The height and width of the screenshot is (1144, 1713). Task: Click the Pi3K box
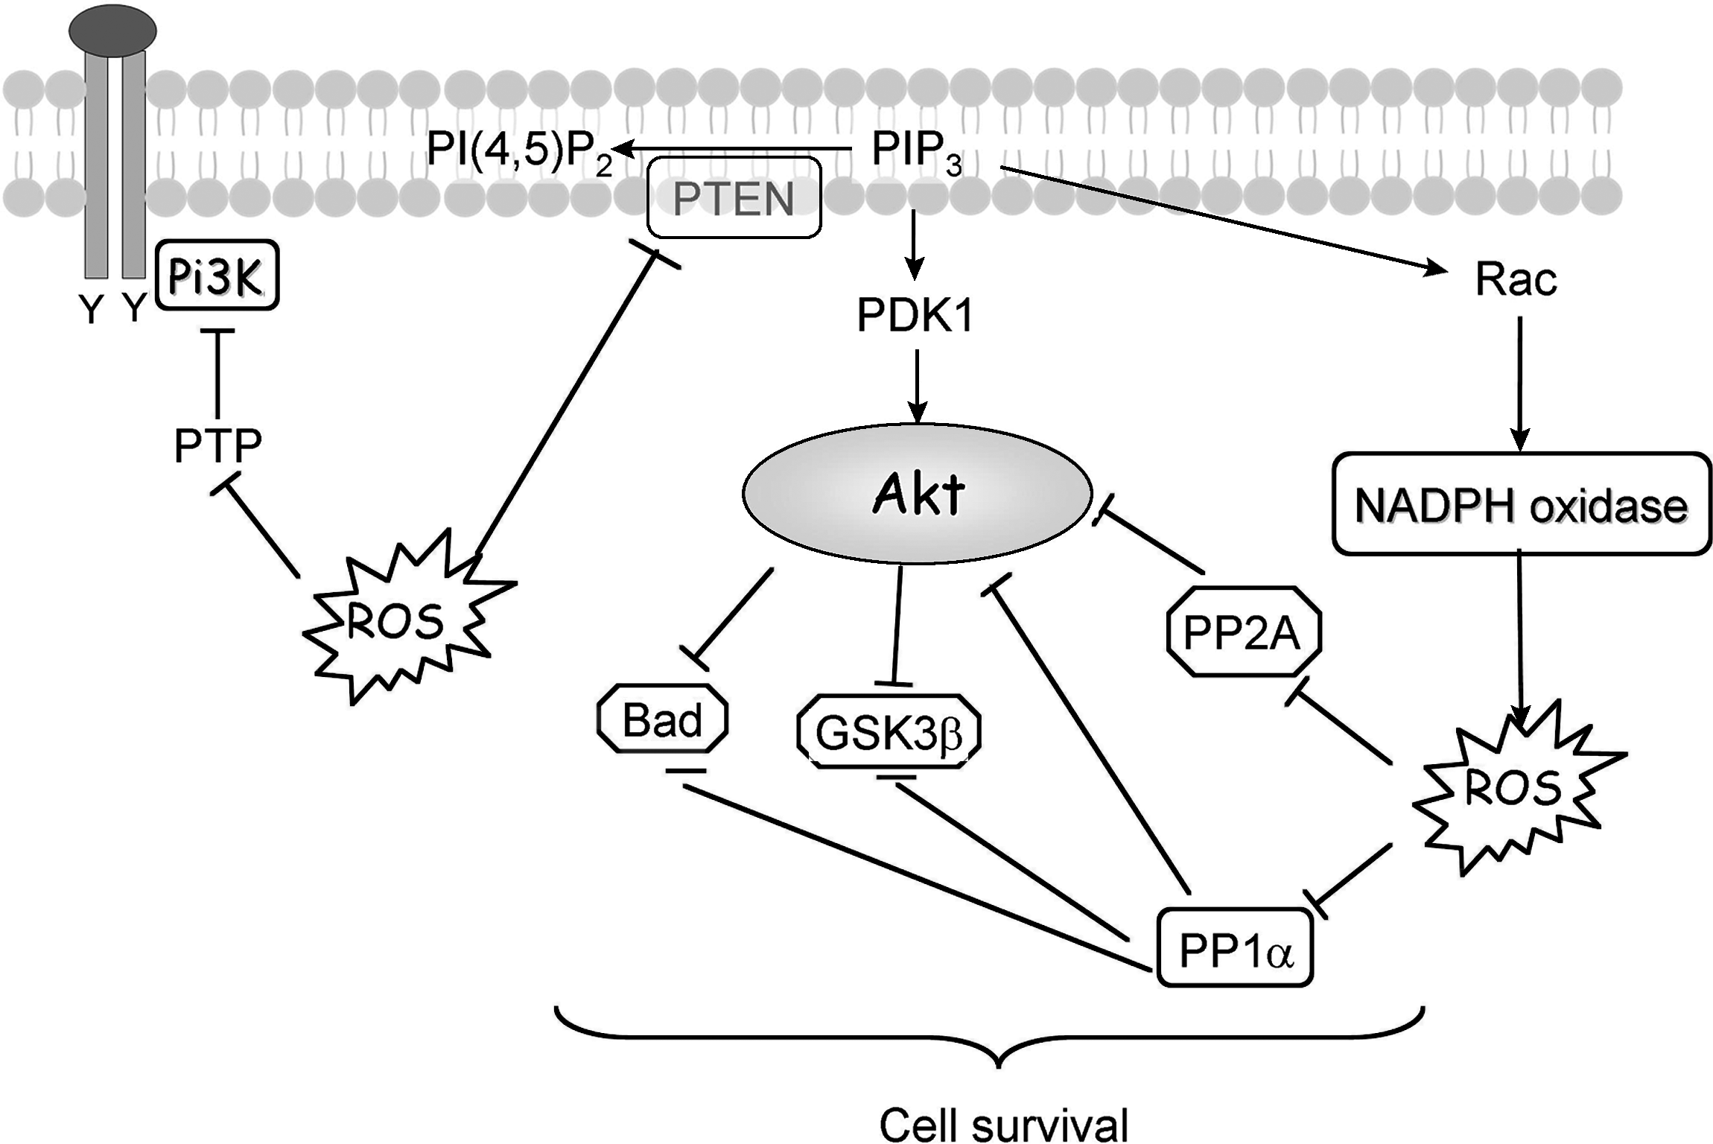pyautogui.click(x=217, y=275)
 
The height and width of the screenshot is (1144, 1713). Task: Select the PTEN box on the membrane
pyautogui.click(x=734, y=197)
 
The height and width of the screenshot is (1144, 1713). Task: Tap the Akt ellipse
pyautogui.click(x=917, y=494)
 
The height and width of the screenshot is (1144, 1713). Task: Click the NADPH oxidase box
pyautogui.click(x=1522, y=504)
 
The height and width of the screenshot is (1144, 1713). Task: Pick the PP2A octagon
pyautogui.click(x=1242, y=632)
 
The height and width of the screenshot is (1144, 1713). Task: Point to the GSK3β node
pyautogui.click(x=889, y=731)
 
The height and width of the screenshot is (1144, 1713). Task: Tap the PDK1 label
pyautogui.click(x=915, y=316)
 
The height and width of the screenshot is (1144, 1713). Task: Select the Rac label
pyautogui.click(x=1516, y=280)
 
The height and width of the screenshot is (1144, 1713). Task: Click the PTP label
pyautogui.click(x=217, y=445)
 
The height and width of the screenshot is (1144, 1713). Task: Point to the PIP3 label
pyautogui.click(x=916, y=152)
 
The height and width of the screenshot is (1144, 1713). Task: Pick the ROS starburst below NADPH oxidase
pyautogui.click(x=1516, y=788)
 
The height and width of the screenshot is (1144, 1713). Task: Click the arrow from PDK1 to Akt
pyautogui.click(x=917, y=386)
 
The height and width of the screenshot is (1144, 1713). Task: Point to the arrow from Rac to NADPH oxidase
pyautogui.click(x=1519, y=384)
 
